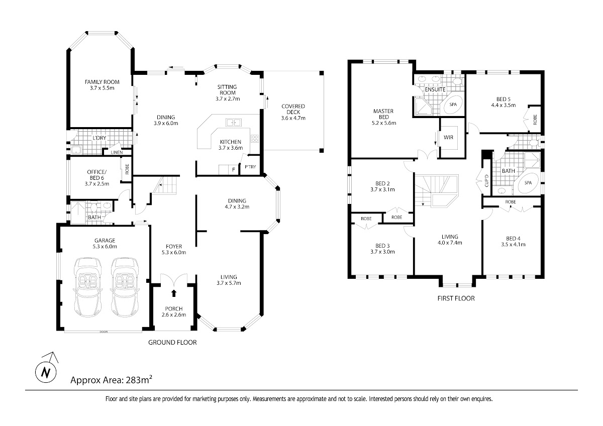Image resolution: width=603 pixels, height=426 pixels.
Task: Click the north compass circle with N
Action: click(x=46, y=372)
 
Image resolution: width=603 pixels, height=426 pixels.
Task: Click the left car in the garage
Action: click(x=87, y=287)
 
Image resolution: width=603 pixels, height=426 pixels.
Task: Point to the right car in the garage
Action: click(x=125, y=287)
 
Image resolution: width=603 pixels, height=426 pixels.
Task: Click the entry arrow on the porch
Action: click(x=174, y=293)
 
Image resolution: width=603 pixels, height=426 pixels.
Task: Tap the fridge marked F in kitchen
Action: click(x=233, y=170)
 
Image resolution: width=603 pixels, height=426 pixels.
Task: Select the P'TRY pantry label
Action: click(x=250, y=167)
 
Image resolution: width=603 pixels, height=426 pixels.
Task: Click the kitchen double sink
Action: click(x=233, y=123)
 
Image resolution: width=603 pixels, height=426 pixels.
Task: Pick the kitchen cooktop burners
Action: click(x=255, y=139)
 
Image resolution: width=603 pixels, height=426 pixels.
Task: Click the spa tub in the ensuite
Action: click(x=453, y=104)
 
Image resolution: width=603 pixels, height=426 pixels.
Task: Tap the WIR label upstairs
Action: click(x=448, y=137)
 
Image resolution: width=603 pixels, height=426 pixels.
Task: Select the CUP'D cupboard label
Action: click(x=486, y=181)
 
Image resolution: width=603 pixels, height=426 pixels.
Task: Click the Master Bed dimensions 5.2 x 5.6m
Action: click(x=383, y=123)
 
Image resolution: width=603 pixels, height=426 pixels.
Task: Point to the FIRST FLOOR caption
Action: click(x=456, y=298)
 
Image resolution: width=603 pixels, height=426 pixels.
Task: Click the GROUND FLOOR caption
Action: click(x=172, y=342)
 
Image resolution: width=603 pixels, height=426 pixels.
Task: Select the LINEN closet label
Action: click(x=117, y=152)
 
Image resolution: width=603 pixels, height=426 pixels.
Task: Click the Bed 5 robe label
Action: click(x=535, y=120)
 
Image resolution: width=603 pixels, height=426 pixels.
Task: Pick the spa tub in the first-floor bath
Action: click(x=528, y=183)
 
